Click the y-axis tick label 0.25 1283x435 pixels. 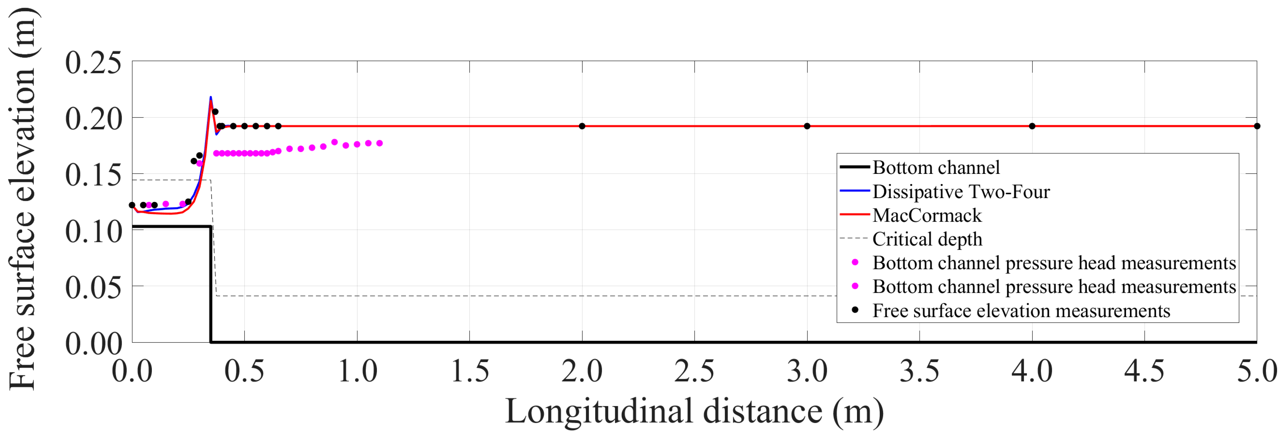point(93,63)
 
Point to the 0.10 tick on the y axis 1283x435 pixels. point(93,232)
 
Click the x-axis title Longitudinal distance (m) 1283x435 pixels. point(694,411)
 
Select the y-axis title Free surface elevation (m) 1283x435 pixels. point(22,199)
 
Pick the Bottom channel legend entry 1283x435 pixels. point(936,167)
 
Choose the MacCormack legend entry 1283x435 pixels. point(927,215)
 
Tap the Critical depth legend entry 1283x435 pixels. point(927,239)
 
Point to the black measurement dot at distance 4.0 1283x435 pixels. point(1032,126)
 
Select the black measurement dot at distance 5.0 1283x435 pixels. point(1257,126)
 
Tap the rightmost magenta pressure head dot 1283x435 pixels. point(380,143)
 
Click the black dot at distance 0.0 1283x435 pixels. point(132,205)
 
